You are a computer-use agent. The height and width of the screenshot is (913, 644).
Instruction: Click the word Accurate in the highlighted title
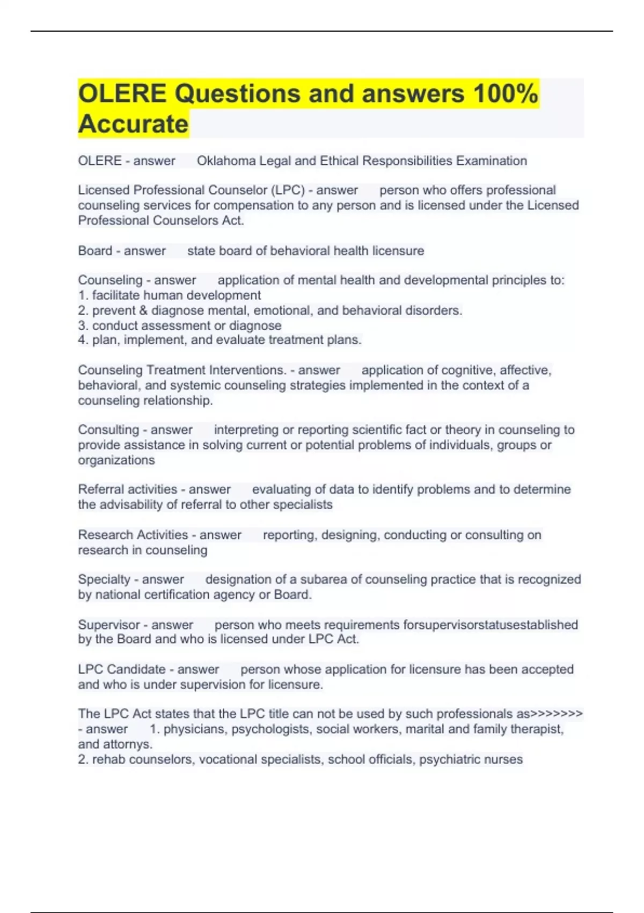click(133, 124)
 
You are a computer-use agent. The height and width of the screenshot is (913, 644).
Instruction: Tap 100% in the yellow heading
click(505, 94)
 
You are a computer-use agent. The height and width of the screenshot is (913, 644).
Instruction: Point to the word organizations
click(116, 460)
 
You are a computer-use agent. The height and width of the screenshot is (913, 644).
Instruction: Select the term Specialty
click(104, 579)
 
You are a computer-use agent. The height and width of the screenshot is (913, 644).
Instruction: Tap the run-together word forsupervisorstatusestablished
click(491, 625)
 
